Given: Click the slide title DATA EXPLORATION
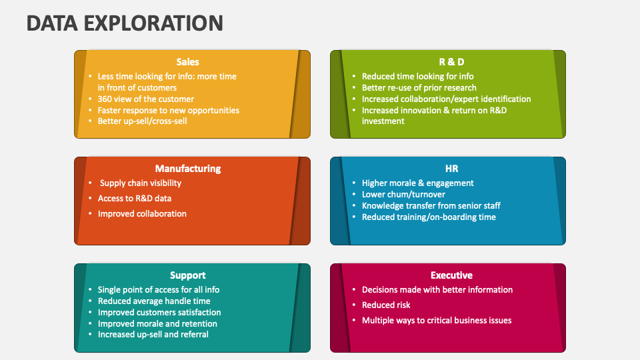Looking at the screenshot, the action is point(125,23).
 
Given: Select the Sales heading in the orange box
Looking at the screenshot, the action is point(188,62).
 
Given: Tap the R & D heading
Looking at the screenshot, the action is point(452,62).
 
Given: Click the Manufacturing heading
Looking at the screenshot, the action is point(188,169).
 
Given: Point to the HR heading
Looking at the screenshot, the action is point(452,169).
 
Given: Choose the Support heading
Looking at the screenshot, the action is point(188,275).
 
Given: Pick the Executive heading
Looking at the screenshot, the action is point(452,275).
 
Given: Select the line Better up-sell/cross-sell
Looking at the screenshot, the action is point(142,121).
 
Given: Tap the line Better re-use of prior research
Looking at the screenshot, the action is point(419,87).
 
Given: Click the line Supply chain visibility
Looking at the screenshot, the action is point(140,183).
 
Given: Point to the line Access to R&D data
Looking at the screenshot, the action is point(134,198).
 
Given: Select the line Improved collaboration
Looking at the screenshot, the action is point(142,213).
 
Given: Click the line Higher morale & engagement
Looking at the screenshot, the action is point(417,183).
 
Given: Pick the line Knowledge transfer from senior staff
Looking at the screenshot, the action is point(431,205).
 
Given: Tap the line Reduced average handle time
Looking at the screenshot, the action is point(154,301).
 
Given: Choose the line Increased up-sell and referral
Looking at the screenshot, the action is point(153,334).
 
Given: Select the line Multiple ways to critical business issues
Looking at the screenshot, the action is point(437,320).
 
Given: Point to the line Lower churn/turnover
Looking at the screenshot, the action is point(403,194).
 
